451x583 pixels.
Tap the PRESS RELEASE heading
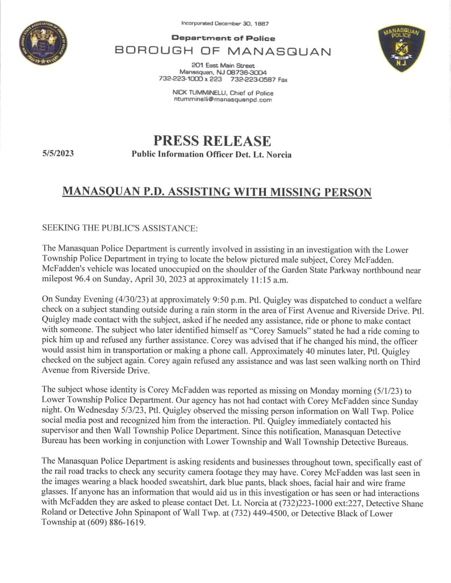coord(212,140)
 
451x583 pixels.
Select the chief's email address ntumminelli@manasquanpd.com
coord(223,100)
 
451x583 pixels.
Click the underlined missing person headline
coord(216,192)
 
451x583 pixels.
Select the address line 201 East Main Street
coord(223,65)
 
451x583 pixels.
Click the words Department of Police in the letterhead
coord(223,38)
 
